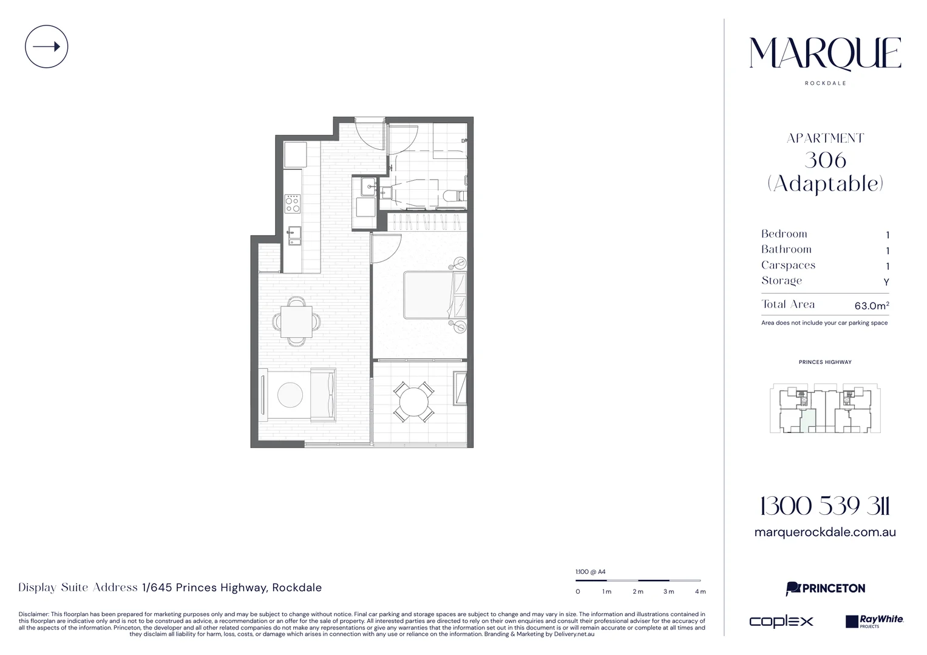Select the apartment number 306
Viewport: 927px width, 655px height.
pos(825,161)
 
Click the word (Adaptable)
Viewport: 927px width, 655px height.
pos(825,184)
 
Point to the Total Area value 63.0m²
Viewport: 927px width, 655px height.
pos(872,306)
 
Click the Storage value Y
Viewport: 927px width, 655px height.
pos(886,282)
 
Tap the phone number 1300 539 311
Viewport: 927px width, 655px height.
pos(825,506)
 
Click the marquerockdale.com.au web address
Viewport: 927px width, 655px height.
pos(825,532)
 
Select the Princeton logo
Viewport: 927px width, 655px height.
pos(825,588)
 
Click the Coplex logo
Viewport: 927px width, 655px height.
pos(781,621)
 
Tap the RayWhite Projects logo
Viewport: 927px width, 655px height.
pos(874,621)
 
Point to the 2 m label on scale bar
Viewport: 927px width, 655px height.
pos(637,592)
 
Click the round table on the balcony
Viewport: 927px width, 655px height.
pos(414,401)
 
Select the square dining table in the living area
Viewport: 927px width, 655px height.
pos(296,321)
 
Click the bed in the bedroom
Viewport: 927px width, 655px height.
pos(435,295)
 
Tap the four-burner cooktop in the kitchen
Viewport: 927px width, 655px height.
pos(292,203)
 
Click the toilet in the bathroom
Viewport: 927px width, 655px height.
pos(455,195)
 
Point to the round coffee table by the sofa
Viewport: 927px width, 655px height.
pos(290,394)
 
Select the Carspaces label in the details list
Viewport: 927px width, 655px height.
pos(788,265)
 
